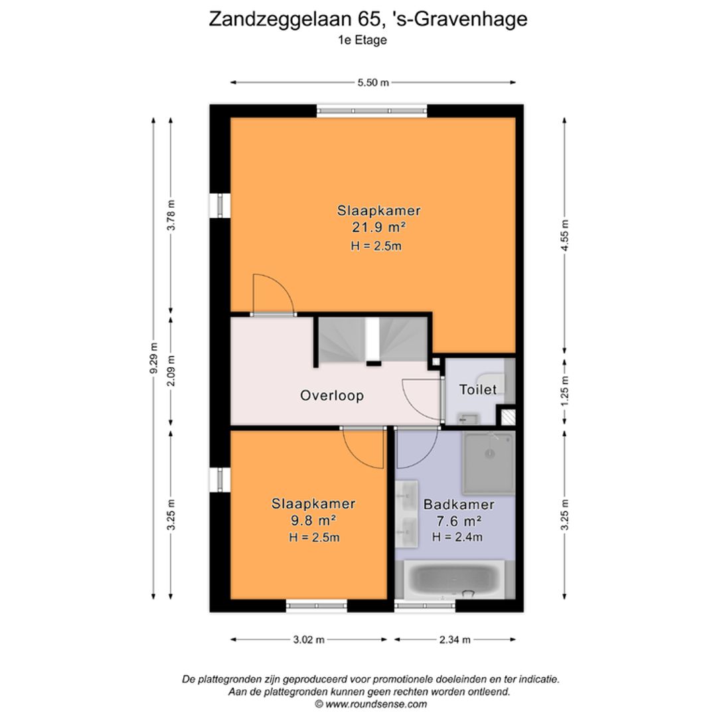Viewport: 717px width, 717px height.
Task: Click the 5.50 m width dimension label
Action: (373, 82)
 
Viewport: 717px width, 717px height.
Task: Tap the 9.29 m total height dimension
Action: (154, 358)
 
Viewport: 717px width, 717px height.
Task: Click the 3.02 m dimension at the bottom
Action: (309, 639)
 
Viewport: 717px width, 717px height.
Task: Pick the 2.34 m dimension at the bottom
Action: (455, 639)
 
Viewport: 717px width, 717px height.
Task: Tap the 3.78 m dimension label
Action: (171, 215)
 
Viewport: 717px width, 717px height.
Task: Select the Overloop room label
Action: (332, 396)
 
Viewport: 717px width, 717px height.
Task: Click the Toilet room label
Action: (478, 390)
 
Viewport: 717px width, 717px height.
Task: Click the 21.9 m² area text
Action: (379, 228)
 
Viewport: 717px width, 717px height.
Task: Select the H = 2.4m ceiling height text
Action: (457, 537)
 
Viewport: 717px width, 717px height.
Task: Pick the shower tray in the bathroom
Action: (489, 463)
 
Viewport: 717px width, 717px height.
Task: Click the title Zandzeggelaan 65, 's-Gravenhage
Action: (368, 19)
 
